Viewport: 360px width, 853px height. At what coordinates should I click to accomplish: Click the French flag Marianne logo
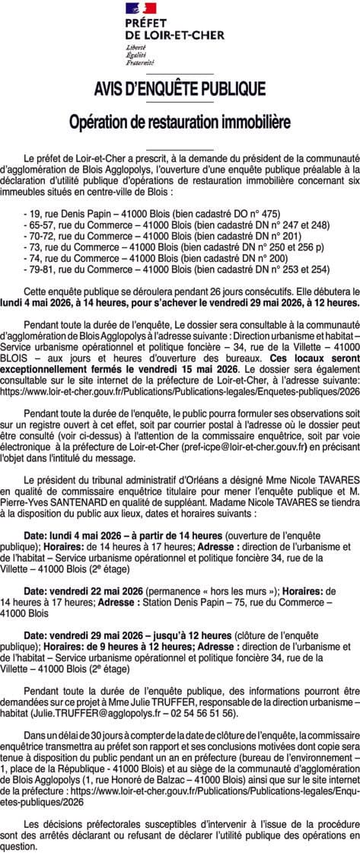[140, 8]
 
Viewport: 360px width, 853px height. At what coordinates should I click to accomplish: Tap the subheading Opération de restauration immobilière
[180, 122]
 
